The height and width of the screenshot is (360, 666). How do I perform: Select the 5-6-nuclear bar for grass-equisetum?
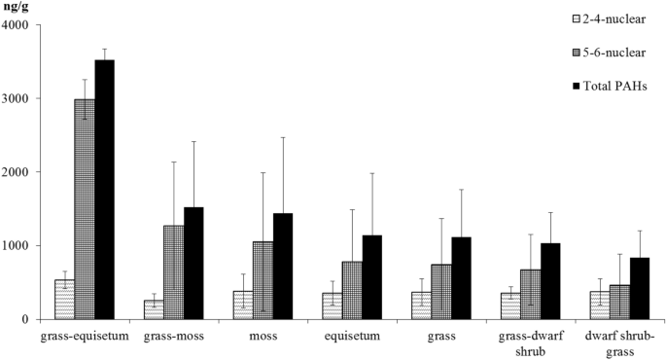(x=85, y=209)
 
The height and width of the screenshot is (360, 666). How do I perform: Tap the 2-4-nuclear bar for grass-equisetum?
(x=64, y=300)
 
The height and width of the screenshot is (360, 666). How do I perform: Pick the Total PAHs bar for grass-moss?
(x=193, y=263)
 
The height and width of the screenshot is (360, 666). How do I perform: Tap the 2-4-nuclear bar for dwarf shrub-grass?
(x=600, y=306)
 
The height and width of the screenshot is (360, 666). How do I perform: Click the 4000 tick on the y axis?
(x=17, y=25)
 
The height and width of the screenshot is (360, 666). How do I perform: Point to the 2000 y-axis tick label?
(x=17, y=172)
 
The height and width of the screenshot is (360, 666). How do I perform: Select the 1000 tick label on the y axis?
(x=17, y=246)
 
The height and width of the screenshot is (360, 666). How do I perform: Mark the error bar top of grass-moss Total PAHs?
(x=193, y=142)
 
